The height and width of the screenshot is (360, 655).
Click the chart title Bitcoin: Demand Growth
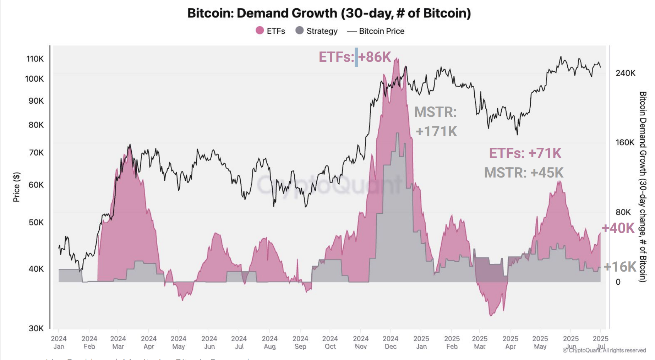click(x=329, y=13)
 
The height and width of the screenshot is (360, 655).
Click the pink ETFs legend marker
click(x=260, y=31)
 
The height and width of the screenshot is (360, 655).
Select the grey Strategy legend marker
click(x=300, y=31)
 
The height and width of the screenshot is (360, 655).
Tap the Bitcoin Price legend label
click(x=381, y=31)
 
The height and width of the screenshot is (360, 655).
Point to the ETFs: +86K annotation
click(x=354, y=57)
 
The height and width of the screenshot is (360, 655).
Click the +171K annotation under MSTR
click(x=436, y=131)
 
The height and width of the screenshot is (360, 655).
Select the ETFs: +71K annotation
click(x=525, y=153)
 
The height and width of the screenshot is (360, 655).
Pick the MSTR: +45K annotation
click(x=524, y=173)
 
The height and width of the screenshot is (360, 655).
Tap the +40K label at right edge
click(x=618, y=228)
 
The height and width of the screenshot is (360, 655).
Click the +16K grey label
click(x=620, y=267)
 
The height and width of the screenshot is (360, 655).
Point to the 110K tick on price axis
click(x=35, y=59)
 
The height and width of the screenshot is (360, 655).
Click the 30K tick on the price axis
click(x=36, y=328)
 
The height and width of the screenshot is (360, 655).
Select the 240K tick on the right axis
click(x=625, y=73)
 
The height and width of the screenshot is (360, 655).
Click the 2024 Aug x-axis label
click(x=269, y=343)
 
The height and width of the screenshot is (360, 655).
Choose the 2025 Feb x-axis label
click(x=452, y=343)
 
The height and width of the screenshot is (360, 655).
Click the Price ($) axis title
click(x=16, y=187)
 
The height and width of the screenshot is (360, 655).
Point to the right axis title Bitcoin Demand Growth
click(x=643, y=186)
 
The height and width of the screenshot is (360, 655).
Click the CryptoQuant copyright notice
click(x=604, y=350)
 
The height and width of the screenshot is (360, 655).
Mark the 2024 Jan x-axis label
click(x=59, y=343)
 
